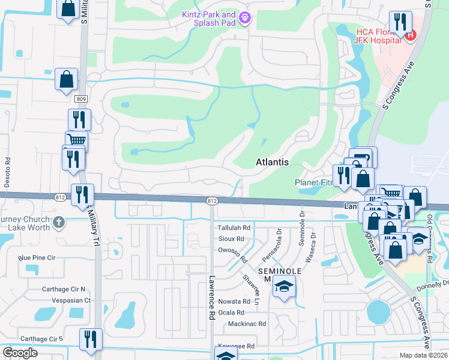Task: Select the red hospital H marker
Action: coord(411,35)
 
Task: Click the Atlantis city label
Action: coord(272,162)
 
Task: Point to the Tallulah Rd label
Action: coord(234,228)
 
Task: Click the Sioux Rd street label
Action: coord(231,239)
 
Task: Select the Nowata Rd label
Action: coord(234,302)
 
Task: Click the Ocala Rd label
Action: coord(232,313)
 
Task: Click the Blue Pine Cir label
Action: coord(37,258)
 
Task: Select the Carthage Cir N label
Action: coord(64,289)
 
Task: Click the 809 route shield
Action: coord(82,99)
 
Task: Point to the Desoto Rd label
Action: coord(8,170)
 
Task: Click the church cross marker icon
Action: coord(58,222)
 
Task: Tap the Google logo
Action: coord(20,353)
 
